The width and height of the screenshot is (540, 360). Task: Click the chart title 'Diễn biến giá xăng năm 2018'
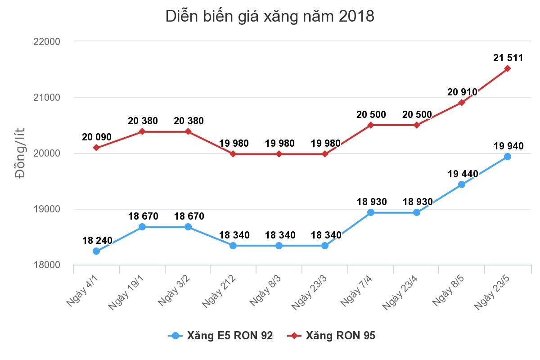pos(270,16)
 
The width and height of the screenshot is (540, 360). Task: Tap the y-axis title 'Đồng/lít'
pos(21,153)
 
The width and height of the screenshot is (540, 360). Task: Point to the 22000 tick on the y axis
pos(47,41)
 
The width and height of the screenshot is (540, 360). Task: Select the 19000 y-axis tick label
pos(47,209)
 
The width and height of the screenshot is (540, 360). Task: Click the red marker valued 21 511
pos(507,68)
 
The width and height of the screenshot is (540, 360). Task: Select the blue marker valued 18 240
pos(96,251)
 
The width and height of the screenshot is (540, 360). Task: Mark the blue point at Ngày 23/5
pos(507,157)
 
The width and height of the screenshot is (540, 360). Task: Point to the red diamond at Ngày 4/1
pos(96,148)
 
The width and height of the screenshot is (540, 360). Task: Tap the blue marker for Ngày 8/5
pos(461,184)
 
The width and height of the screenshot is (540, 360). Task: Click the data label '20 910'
pos(462,92)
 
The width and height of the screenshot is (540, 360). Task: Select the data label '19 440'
pos(463,174)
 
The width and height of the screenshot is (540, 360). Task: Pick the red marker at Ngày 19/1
pos(142,131)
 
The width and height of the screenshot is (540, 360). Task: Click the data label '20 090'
pos(97,137)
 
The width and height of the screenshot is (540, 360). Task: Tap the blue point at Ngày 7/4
pos(370,212)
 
